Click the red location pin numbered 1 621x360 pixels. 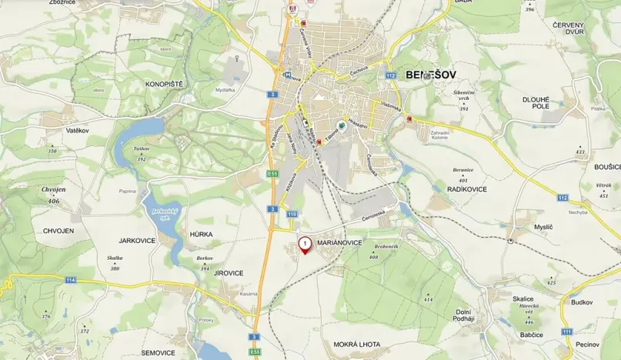[x=305, y=245]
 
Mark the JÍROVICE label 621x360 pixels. [x=228, y=272]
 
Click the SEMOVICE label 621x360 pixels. [x=158, y=352]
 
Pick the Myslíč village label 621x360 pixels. [x=543, y=227]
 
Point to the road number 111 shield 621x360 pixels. [x=567, y=331]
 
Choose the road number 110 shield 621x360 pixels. [x=292, y=213]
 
